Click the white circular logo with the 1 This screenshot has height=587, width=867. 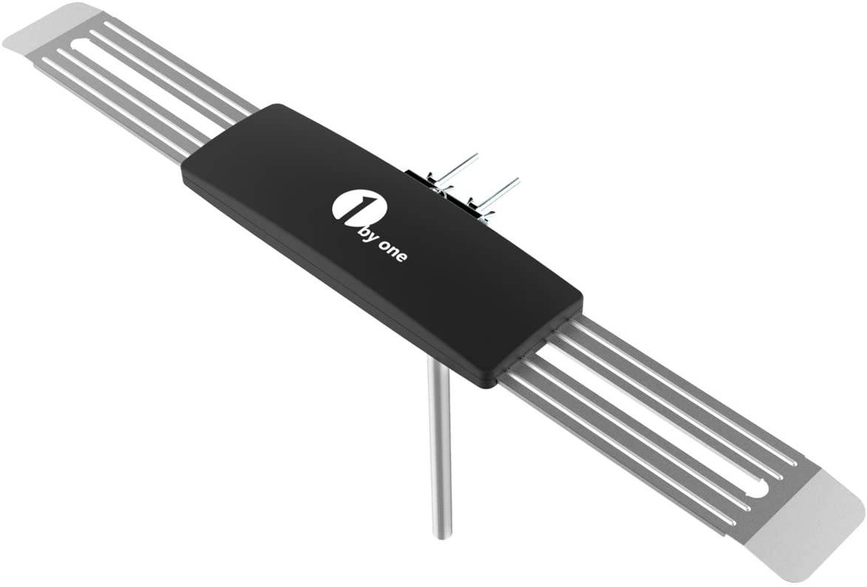tap(347, 207)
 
